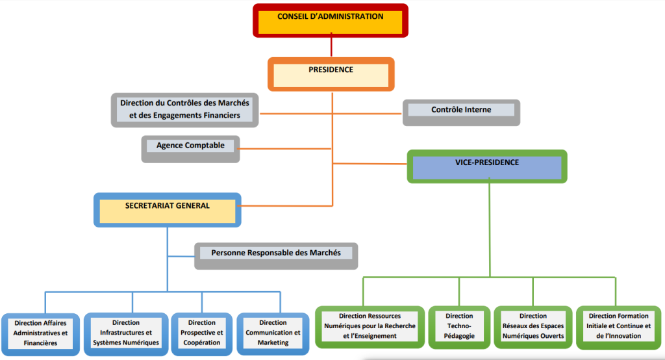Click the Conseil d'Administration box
(330, 19)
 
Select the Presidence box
(331, 73)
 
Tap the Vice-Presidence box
(486, 166)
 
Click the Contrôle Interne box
(461, 112)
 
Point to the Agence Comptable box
(190, 148)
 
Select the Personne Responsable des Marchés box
(276, 255)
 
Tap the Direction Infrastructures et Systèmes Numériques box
(126, 333)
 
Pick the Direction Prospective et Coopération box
(201, 333)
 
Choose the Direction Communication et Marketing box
(273, 333)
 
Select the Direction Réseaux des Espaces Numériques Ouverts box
(533, 326)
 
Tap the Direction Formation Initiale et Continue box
(618, 326)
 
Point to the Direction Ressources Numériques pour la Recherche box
(370, 326)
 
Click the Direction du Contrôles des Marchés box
(184, 109)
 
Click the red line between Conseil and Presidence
(331, 47)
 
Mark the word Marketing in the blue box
(273, 342)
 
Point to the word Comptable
(205, 146)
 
